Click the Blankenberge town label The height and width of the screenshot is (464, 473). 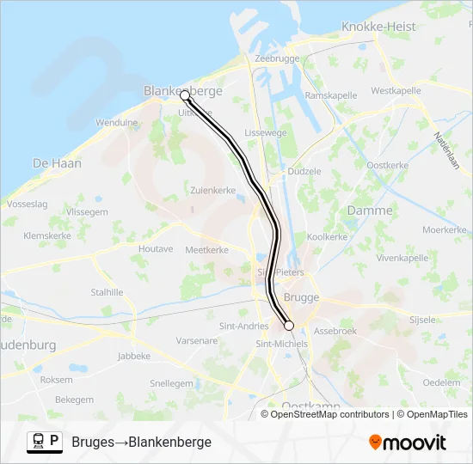point(182,90)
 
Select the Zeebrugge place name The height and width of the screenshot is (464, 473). point(277,59)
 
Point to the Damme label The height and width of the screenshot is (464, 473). point(370,211)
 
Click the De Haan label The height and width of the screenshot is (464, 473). point(57,162)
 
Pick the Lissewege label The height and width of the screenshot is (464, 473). point(266,133)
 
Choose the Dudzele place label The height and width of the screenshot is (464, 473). point(304,171)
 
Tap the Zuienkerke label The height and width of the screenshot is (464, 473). point(212,190)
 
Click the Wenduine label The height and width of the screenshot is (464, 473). point(116,123)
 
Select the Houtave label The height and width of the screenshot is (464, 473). point(156,248)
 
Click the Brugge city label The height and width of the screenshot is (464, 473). point(301,297)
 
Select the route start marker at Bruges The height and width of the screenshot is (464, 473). point(289,326)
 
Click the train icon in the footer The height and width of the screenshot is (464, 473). point(39,441)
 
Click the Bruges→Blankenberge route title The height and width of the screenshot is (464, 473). point(142,442)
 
